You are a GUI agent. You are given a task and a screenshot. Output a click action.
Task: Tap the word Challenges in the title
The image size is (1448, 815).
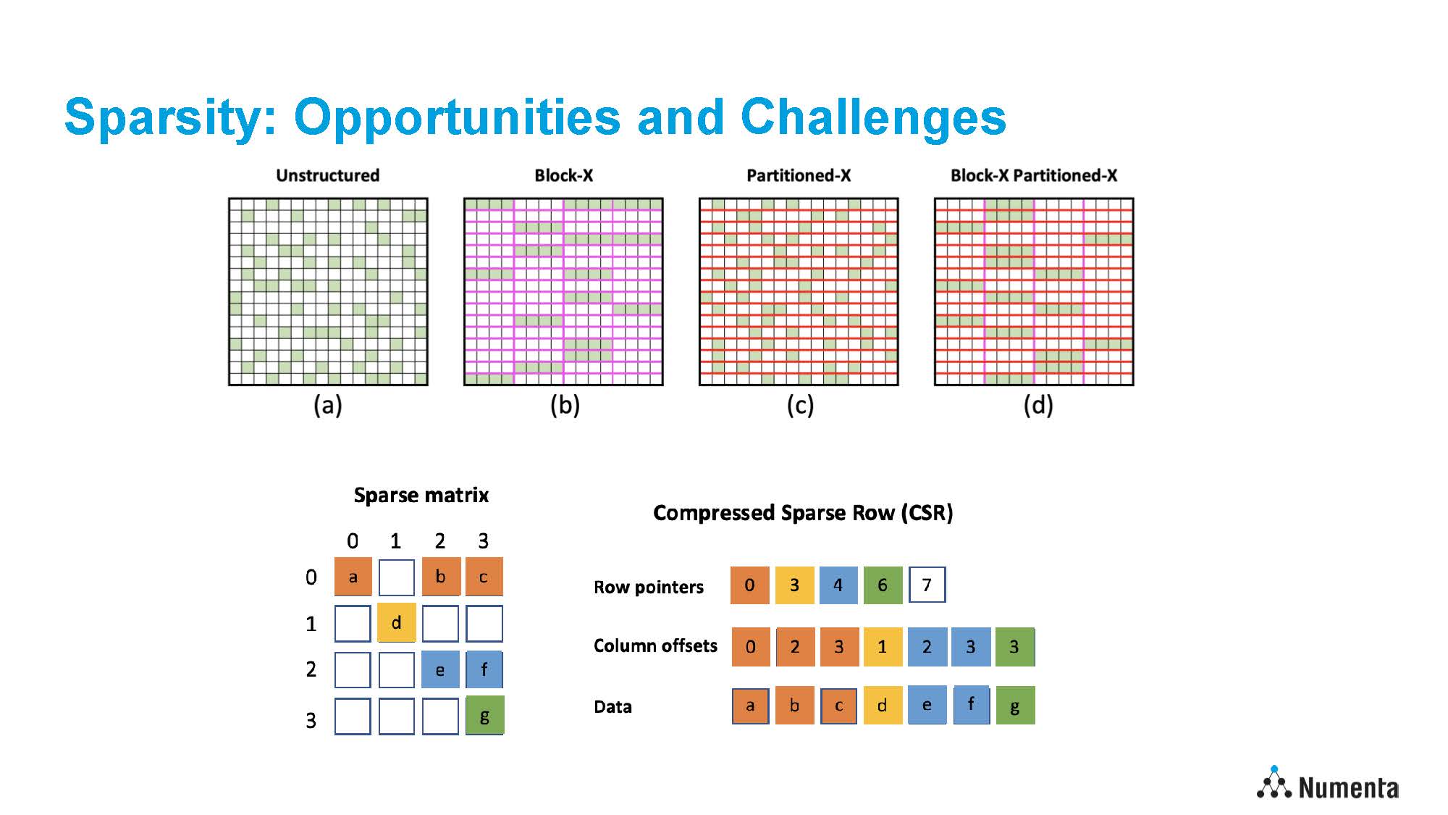(873, 117)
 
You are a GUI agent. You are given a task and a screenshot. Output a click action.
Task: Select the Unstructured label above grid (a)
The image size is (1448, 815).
(328, 175)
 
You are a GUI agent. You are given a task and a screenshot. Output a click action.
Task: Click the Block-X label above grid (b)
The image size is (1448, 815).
(564, 175)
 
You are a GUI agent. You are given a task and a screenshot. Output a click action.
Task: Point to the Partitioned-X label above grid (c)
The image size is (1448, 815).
(799, 175)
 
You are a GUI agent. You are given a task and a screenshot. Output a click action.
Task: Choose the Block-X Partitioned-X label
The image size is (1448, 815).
(1034, 175)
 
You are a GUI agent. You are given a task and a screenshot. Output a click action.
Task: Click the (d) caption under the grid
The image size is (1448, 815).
(1038, 405)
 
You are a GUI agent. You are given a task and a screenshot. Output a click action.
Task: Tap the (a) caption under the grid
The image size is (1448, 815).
(328, 405)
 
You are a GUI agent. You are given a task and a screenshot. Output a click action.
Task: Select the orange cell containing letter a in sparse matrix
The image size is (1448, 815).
(353, 577)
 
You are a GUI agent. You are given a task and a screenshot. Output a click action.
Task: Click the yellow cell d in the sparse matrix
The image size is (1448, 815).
(397, 622)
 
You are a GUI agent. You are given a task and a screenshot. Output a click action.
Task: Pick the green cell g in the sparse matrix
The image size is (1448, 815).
(484, 716)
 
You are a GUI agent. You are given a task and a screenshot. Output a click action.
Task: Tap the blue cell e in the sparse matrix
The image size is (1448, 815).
(440, 669)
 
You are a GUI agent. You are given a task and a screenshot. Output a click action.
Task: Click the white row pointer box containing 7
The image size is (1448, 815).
(927, 585)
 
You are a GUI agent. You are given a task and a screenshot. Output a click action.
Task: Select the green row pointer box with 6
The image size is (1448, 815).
(883, 585)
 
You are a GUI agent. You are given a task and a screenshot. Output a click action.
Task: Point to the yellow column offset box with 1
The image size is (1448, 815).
(883, 647)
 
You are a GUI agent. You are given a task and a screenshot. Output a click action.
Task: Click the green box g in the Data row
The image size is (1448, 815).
(1015, 706)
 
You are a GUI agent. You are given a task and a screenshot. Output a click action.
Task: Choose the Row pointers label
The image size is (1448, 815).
(649, 587)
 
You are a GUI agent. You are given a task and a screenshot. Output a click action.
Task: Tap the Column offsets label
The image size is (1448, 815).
(655, 645)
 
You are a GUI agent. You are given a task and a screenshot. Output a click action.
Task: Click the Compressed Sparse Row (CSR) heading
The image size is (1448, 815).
(803, 513)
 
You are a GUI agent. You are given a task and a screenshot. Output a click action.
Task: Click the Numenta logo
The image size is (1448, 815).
(1328, 784)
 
